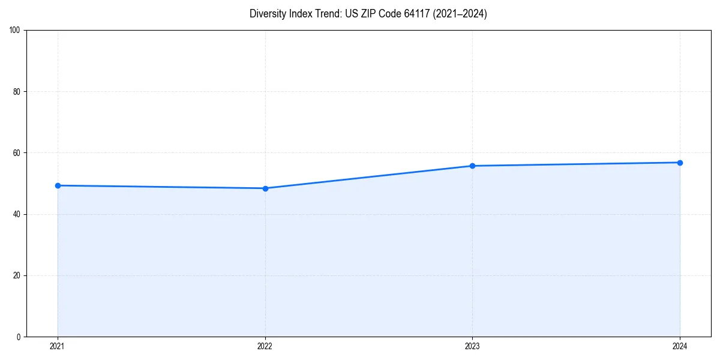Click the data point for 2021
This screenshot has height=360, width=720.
58,185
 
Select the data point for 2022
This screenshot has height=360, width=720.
265,188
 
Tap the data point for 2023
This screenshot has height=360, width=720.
472,166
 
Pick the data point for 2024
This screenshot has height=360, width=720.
680,163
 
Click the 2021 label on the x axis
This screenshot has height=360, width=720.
58,346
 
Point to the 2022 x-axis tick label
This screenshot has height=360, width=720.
265,346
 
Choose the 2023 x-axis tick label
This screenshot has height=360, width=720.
472,346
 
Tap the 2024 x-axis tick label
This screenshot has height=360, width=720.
680,346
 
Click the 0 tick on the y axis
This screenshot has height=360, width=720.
19,337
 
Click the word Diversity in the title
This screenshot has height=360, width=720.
267,14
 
